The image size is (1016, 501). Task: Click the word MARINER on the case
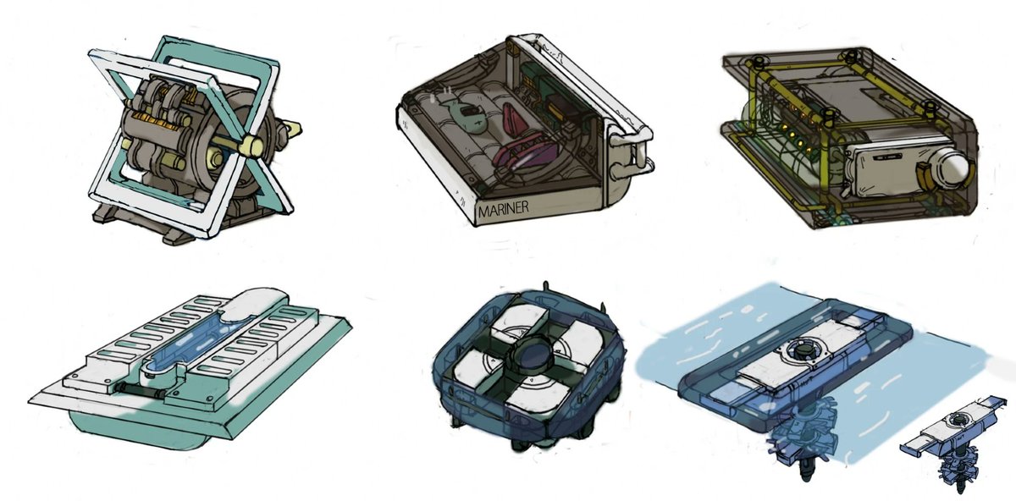click(x=504, y=208)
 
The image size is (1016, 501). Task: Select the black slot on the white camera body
click(x=890, y=157)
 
